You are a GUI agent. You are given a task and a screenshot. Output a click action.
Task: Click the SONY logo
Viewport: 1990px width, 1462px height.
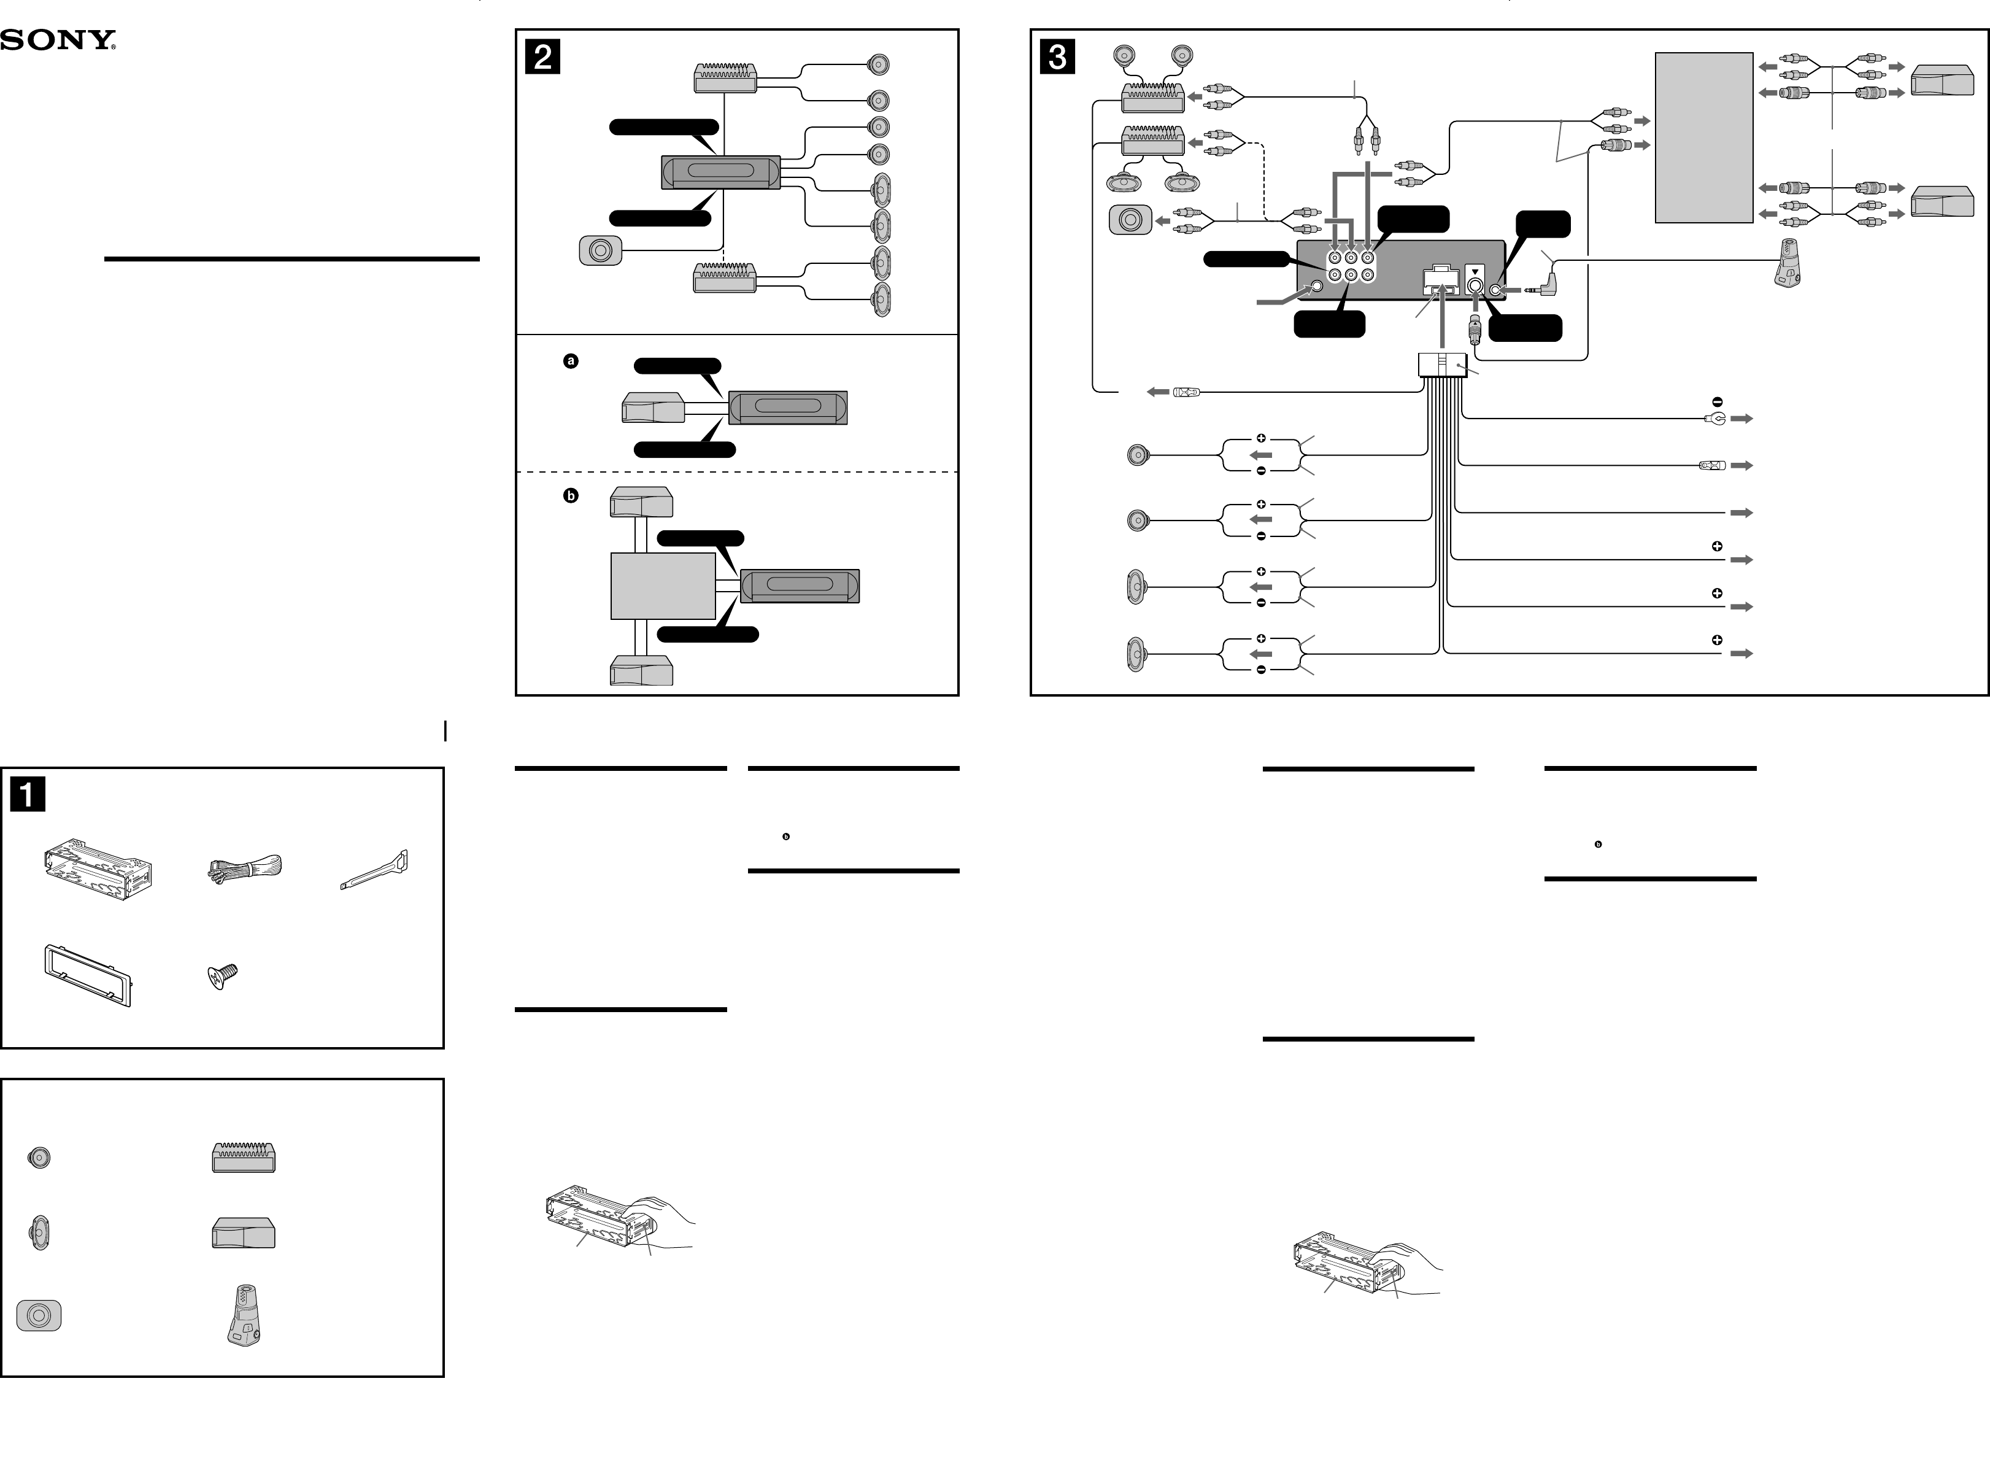(58, 41)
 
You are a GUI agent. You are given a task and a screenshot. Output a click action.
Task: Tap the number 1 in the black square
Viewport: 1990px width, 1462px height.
(28, 794)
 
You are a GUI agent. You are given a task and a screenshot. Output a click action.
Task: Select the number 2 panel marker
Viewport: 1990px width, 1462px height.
(542, 56)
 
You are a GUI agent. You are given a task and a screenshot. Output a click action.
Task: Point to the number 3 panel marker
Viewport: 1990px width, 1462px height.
(1057, 56)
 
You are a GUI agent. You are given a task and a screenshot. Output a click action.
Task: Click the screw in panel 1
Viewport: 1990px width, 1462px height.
(222, 976)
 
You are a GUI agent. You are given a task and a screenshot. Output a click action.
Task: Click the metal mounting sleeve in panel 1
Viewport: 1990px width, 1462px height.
(98, 872)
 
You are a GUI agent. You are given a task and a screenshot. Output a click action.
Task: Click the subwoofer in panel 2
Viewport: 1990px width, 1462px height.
(600, 250)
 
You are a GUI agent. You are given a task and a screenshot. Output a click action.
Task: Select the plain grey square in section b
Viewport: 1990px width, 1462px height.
(663, 586)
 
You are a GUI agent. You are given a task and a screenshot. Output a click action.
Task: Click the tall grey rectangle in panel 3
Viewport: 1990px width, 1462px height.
(1703, 137)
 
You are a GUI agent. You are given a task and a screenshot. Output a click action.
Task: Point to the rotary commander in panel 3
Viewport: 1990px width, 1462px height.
(1788, 264)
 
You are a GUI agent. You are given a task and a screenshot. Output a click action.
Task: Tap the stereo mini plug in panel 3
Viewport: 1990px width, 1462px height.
(1543, 289)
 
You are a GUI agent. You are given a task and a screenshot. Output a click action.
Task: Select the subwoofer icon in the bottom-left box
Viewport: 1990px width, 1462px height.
(39, 1316)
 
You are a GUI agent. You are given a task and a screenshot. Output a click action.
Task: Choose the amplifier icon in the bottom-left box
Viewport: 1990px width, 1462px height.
(244, 1157)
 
